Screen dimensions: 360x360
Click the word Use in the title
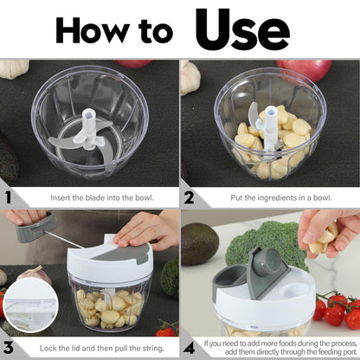point(242,29)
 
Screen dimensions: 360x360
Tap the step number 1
point(8,198)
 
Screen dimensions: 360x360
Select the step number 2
point(189,198)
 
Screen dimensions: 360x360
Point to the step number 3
point(9,348)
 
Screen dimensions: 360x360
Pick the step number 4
point(189,348)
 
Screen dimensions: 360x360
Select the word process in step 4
point(344,344)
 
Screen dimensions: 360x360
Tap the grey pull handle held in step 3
point(36,228)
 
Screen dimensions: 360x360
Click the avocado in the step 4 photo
point(200,244)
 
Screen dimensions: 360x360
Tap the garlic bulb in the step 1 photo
point(14,68)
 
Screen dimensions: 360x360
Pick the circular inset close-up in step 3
point(31,305)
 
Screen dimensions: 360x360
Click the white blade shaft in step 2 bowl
point(271,127)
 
